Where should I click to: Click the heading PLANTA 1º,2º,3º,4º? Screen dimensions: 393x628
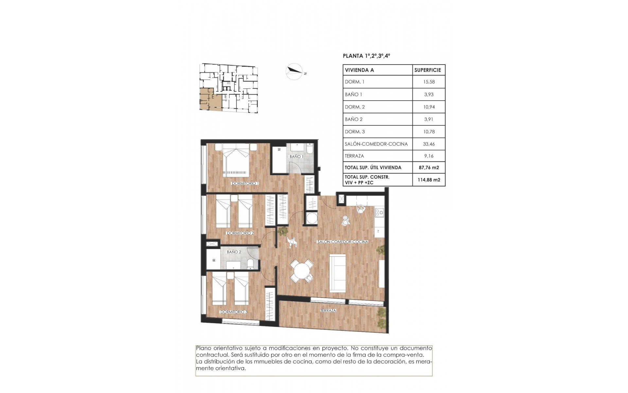[x=366, y=56]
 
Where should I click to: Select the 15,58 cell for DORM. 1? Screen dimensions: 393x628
[x=428, y=82]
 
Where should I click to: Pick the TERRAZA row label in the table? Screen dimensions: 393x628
[x=354, y=156]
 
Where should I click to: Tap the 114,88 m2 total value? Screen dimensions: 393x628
[x=428, y=180]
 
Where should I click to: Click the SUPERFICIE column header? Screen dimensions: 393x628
[x=427, y=70]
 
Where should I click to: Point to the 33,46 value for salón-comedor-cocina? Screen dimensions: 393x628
[x=428, y=144]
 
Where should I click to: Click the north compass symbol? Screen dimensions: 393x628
[x=294, y=72]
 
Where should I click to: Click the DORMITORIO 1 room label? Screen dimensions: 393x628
[x=245, y=184]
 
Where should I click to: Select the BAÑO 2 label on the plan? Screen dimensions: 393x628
[x=234, y=252]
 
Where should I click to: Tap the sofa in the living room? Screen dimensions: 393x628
[x=338, y=273]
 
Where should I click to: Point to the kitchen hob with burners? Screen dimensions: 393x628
[x=379, y=213]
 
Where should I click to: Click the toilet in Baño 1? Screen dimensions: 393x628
[x=310, y=150]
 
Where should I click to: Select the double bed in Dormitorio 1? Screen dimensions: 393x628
[x=235, y=162]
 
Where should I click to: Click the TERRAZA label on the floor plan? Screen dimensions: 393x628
[x=328, y=310]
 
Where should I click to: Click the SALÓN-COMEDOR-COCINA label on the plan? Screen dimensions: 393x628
[x=342, y=242]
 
